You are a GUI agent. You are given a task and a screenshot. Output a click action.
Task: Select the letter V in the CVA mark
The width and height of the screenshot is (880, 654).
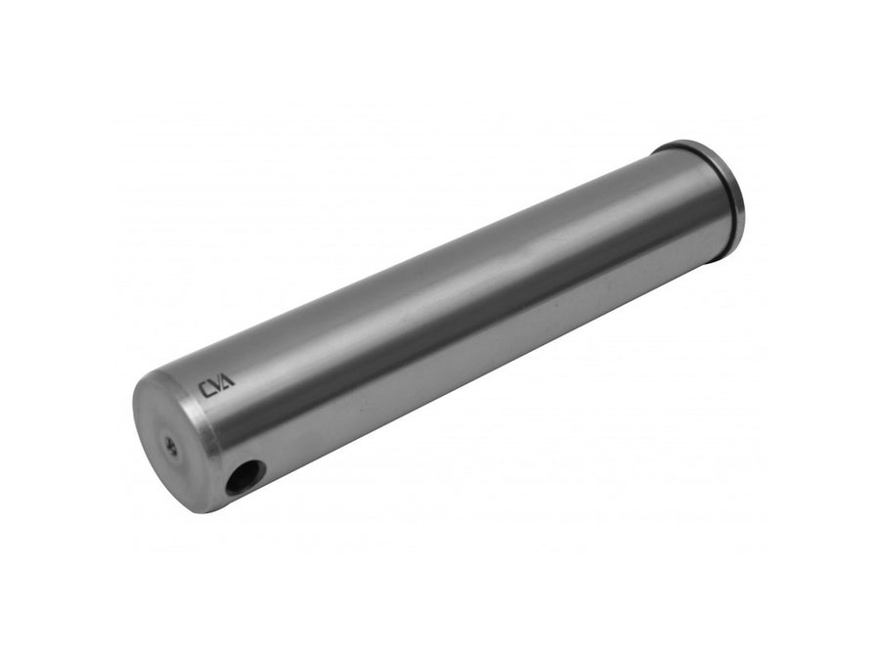(217, 387)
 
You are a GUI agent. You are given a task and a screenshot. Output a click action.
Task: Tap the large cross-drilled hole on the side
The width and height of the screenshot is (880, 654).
(244, 477)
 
